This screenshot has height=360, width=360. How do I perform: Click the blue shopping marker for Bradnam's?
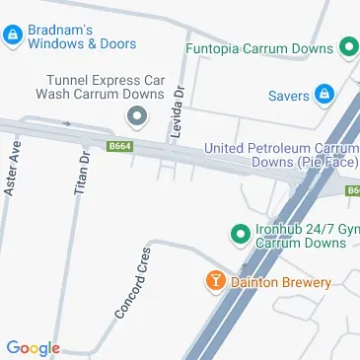(x=12, y=37)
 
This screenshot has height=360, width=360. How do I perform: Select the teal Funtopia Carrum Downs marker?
(x=347, y=47)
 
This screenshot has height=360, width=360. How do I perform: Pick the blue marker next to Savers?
(x=324, y=96)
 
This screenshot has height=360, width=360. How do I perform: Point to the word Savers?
(x=288, y=96)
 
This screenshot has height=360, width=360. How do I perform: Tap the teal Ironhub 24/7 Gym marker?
(x=238, y=235)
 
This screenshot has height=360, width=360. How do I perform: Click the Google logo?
(x=33, y=347)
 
